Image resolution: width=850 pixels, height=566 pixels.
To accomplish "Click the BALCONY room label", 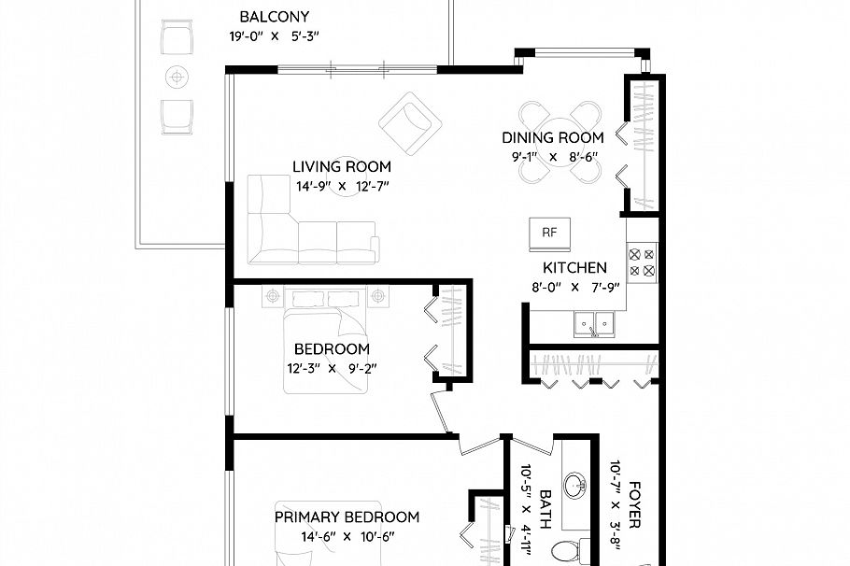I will click(x=274, y=17).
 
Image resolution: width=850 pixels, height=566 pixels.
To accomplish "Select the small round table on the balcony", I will click(x=177, y=76).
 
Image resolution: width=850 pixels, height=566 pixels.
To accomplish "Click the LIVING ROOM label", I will click(x=342, y=167).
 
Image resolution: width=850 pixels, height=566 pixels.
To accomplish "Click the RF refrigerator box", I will click(x=549, y=234).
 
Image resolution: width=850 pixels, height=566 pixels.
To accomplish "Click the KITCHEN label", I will click(x=574, y=268).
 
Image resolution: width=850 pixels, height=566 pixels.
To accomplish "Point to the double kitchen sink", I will click(x=593, y=324).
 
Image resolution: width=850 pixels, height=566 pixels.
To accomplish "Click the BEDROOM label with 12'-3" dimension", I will click(x=332, y=349).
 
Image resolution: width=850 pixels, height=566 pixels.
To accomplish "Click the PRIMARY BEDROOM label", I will click(x=347, y=516).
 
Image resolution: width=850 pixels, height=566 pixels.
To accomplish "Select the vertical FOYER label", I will click(x=634, y=505).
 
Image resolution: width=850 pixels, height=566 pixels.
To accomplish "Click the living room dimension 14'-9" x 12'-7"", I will click(x=342, y=187).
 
